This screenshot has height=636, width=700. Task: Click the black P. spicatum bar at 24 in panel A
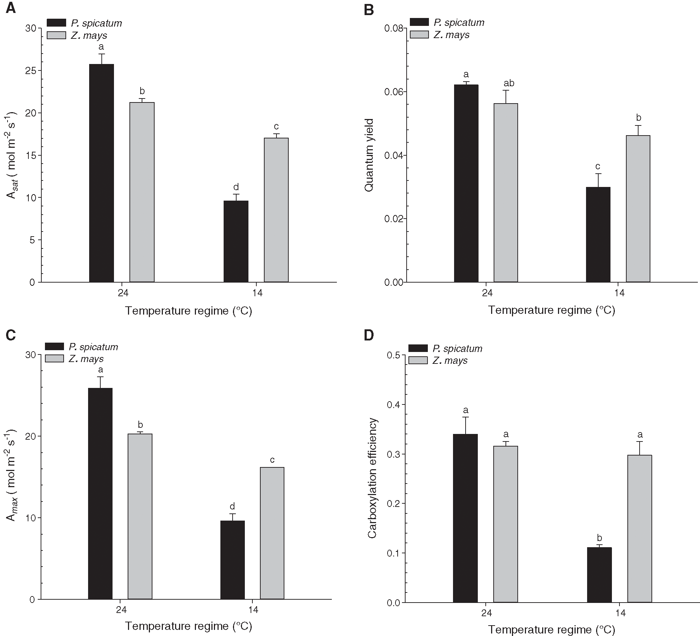[101, 173]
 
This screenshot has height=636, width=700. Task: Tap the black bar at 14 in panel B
[598, 234]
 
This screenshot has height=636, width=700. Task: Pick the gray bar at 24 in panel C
[140, 516]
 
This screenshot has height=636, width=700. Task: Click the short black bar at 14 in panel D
[599, 575]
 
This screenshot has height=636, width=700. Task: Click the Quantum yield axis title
[369, 155]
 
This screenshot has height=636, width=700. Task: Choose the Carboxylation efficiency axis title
[372, 478]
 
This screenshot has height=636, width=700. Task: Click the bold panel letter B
[369, 10]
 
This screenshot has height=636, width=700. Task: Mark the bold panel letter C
[11, 335]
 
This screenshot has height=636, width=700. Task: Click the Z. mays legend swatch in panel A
[56, 35]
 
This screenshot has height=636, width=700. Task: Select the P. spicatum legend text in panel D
[457, 348]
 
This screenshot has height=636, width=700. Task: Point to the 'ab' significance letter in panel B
[509, 83]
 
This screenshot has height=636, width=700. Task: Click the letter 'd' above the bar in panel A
[236, 187]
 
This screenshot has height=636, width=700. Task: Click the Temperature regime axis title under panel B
[552, 310]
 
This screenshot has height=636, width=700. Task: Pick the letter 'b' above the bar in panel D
[599, 538]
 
